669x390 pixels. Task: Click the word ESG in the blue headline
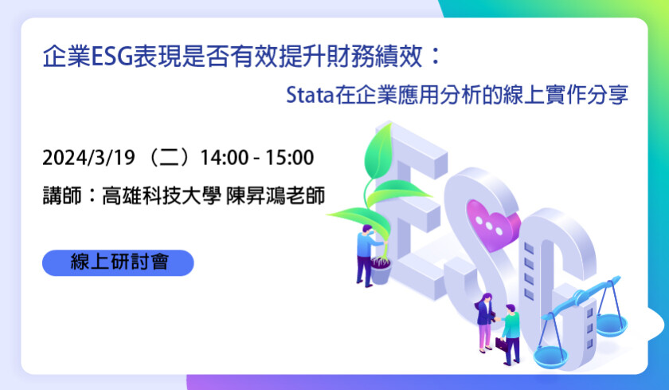coord(111,57)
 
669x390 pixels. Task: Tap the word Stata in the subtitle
coord(309,95)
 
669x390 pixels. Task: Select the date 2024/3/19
coord(88,158)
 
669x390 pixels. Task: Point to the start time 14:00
coord(225,158)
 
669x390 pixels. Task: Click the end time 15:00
coord(290,158)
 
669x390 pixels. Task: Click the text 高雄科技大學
coord(161,195)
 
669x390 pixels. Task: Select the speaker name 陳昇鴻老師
coord(276,195)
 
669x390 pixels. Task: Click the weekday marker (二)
coord(167,158)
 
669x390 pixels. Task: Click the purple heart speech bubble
coord(492,224)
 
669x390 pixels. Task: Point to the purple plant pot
coord(381,272)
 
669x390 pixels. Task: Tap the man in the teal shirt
coord(510,334)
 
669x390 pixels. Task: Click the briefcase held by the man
coord(501,345)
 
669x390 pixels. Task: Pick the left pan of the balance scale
coord(550,358)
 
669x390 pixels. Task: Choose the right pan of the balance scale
coord(612,325)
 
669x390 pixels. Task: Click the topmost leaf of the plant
coord(378,152)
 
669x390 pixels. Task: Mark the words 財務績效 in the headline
coord(374,57)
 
